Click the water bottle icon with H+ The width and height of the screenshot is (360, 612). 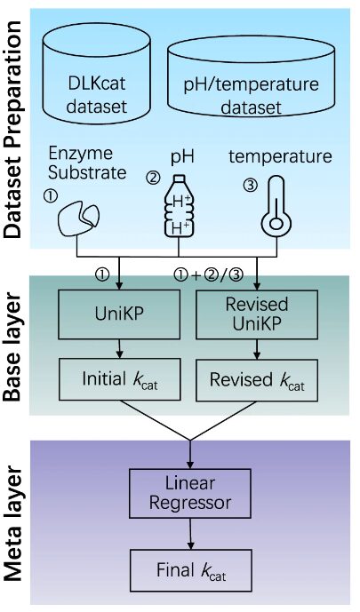[x=179, y=206]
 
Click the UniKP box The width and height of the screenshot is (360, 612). [x=119, y=314]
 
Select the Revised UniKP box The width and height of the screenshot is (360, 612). [x=257, y=314]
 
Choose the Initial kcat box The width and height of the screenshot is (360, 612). [x=120, y=380]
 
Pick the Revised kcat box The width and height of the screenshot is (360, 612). [x=257, y=380]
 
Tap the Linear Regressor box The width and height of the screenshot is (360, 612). [x=189, y=493]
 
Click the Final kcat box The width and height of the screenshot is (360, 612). [x=191, y=570]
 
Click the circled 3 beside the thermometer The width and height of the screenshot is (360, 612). [x=251, y=185]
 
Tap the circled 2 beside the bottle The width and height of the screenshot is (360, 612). [x=153, y=178]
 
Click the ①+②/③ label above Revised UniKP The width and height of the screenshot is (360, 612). [x=209, y=275]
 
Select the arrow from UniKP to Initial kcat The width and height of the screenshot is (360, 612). [x=120, y=349]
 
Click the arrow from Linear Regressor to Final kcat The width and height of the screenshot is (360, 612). [x=190, y=534]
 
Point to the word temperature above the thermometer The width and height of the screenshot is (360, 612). [x=280, y=156]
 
